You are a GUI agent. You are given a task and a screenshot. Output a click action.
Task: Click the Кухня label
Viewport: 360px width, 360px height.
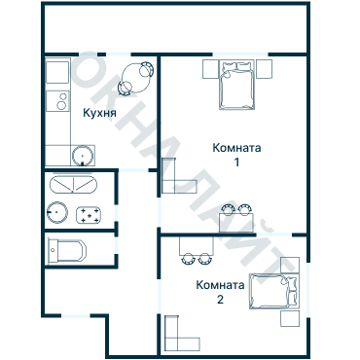click(101, 113)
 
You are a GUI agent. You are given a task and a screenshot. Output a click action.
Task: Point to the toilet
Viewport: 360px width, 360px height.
click(67, 250)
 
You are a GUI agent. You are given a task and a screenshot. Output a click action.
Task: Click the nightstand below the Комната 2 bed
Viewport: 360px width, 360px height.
click(288, 317)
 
